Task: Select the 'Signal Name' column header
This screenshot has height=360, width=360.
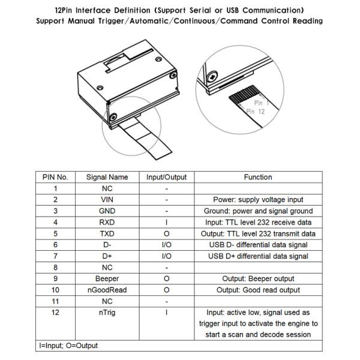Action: coord(107,177)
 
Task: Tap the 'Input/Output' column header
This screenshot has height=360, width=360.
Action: coord(166,177)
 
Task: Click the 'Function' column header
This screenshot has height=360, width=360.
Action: coord(258,177)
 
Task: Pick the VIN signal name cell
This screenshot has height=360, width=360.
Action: coord(107,200)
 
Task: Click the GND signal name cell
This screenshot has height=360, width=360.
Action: coord(107,211)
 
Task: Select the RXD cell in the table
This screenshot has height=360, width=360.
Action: coord(107,222)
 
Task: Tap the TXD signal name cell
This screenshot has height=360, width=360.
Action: coord(107,233)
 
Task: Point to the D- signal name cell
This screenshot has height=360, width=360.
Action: coord(107,245)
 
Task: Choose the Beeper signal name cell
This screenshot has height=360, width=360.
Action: coord(107,278)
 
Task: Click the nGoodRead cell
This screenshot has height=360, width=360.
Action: coord(107,290)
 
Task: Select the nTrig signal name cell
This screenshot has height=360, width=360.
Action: coord(107,312)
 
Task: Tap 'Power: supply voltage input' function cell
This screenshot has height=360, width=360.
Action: coord(258,200)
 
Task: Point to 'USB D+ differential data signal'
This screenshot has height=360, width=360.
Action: coord(258,256)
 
